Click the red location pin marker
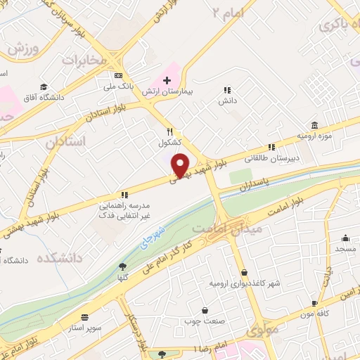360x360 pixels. [181, 165]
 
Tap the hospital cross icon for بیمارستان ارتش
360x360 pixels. [167, 80]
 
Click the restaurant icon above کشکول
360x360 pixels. [169, 131]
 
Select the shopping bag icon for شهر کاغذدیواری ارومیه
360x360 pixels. [244, 272]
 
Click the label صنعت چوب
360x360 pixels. [205, 320]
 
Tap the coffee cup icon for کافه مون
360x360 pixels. [314, 304]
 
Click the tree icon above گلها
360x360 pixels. [124, 266]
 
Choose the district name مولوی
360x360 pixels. [264, 328]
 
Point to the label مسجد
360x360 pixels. [345, 250]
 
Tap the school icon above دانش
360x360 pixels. [226, 91]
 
